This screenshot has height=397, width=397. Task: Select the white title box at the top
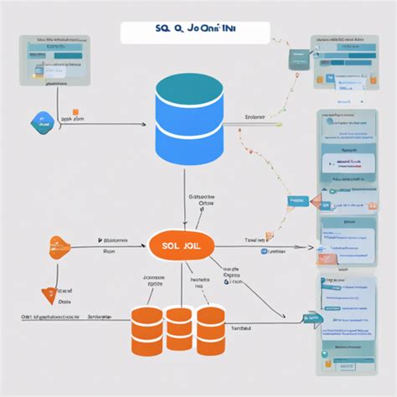pos(194,32)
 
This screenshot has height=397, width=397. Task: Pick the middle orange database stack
pos(178,327)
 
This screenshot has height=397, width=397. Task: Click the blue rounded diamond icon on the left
pos(39,121)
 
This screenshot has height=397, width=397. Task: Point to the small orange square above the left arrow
pos(75,110)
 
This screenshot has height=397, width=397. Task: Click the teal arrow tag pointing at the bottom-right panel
pos(312,317)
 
